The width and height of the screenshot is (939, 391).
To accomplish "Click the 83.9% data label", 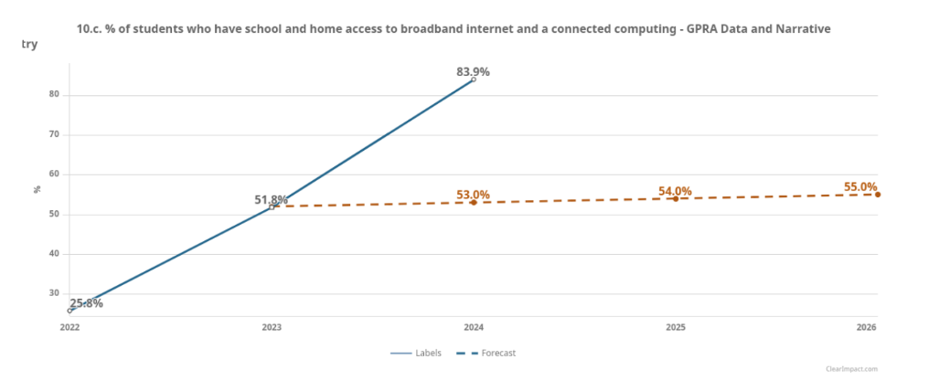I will pyautogui.click(x=473, y=71).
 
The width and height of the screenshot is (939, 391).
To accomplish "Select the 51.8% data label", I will pyautogui.click(x=271, y=199).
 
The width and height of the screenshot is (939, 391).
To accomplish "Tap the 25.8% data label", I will pyautogui.click(x=86, y=303).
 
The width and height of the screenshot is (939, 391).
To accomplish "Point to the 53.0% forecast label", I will pyautogui.click(x=473, y=195).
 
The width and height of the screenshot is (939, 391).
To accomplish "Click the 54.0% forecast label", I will pyautogui.click(x=675, y=191).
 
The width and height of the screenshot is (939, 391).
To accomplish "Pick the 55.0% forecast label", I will pyautogui.click(x=859, y=187).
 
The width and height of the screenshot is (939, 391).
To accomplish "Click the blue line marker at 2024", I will pyautogui.click(x=474, y=79).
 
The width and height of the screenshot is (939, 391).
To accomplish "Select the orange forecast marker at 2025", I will pyautogui.click(x=676, y=198).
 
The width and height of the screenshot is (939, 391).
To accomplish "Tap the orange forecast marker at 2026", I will pyautogui.click(x=878, y=195).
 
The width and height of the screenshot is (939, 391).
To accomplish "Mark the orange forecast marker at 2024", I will pyautogui.click(x=474, y=202).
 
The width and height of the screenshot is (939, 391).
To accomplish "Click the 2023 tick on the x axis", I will pyautogui.click(x=272, y=327).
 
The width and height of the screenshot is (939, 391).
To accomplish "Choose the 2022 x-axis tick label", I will pyautogui.click(x=69, y=327).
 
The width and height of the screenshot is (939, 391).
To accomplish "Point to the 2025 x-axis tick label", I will pyautogui.click(x=676, y=327).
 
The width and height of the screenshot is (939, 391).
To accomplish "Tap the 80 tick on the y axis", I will pyautogui.click(x=54, y=95).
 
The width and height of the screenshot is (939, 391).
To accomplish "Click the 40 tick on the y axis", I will pyautogui.click(x=54, y=254).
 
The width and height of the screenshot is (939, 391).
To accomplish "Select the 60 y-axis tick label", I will pyautogui.click(x=54, y=174).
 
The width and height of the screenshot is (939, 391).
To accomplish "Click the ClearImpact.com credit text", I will pyautogui.click(x=851, y=369).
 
